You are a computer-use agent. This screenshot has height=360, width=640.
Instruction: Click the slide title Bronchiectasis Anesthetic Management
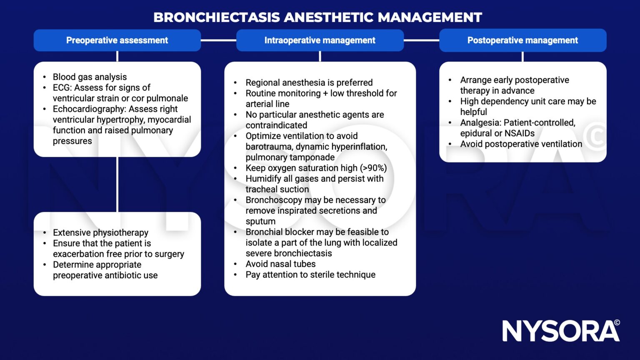tap(317, 17)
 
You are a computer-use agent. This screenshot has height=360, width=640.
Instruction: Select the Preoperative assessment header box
tap(117, 40)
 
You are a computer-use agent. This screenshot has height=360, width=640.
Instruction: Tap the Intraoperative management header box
tap(320, 40)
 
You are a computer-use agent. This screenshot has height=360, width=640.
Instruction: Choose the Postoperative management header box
tap(522, 40)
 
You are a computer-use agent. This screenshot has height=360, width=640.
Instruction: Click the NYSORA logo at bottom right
tap(560, 331)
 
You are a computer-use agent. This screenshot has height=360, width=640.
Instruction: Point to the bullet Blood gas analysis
tap(90, 77)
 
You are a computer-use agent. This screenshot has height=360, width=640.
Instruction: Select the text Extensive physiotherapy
tap(100, 232)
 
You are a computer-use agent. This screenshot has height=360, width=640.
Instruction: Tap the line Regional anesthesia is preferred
tap(309, 82)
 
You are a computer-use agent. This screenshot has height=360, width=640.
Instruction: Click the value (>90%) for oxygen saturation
tap(373, 168)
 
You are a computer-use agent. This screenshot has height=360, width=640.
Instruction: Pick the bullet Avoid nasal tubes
tap(280, 264)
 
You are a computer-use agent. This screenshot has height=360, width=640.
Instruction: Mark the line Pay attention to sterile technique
tap(310, 275)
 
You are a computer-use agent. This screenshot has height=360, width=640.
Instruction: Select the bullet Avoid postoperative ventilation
tap(521, 144)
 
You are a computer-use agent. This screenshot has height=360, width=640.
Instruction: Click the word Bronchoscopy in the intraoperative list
tap(273, 200)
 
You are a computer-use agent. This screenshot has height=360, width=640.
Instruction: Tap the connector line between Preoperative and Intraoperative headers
tap(218, 40)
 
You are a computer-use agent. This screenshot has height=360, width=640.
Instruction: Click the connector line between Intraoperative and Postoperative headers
tap(421, 40)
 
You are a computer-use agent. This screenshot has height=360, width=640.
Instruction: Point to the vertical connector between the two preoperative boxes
tap(117, 184)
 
